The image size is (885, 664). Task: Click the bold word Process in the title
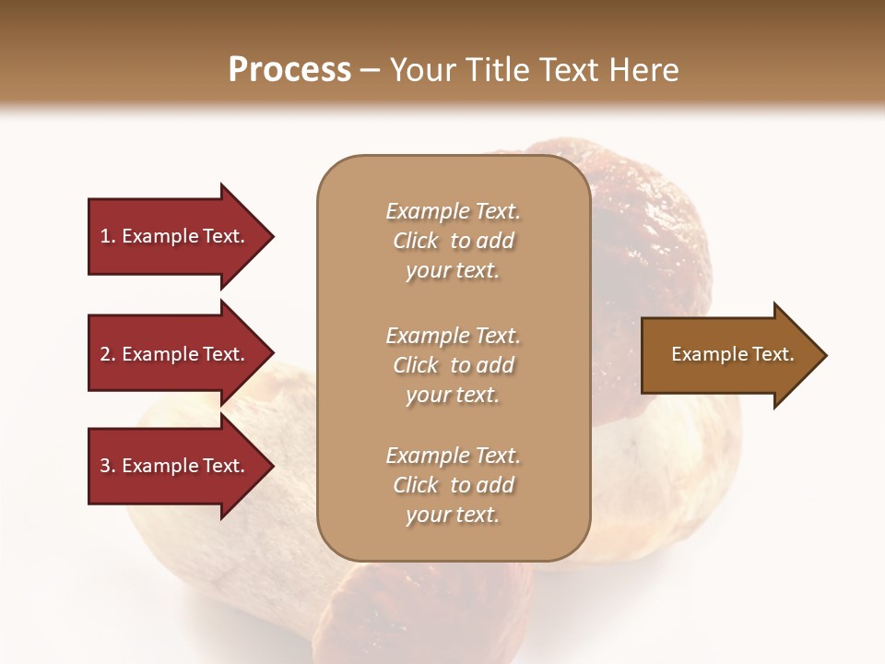(289, 70)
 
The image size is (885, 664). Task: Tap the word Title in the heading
(499, 70)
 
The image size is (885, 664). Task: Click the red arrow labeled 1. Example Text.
(175, 236)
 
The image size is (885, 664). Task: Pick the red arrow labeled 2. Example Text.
(175, 354)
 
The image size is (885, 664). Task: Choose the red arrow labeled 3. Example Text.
(175, 466)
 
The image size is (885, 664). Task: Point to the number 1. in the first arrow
(108, 236)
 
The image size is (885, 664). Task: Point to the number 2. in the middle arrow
(108, 354)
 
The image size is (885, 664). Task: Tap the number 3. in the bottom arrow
(108, 466)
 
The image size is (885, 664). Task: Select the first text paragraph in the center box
(453, 241)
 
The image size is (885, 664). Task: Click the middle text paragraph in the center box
(453, 365)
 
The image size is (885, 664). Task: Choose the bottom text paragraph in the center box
(453, 485)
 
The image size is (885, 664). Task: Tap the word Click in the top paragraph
(416, 241)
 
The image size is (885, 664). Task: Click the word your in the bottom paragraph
(426, 515)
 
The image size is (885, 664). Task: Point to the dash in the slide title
(371, 71)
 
